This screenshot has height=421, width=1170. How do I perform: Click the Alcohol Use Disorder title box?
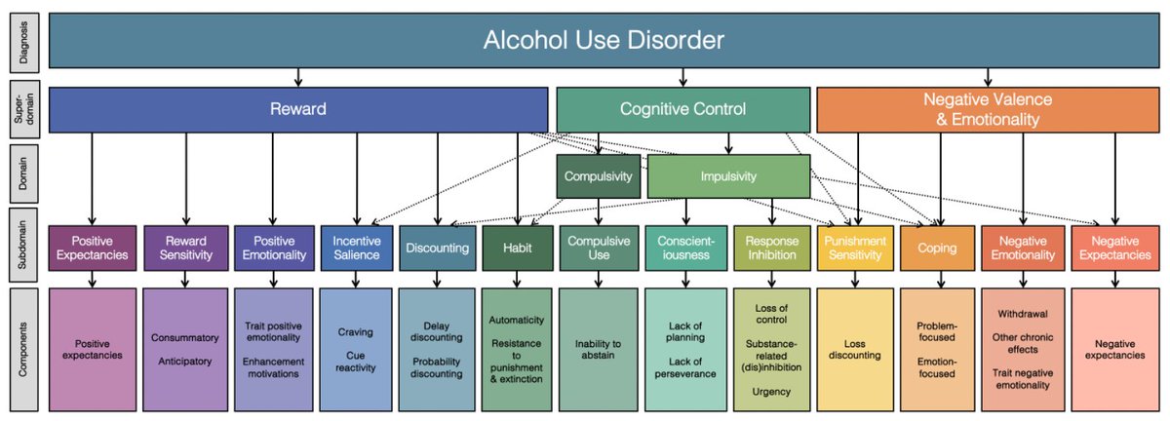pyautogui.click(x=604, y=41)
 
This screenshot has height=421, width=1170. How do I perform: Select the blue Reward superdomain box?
pyautogui.click(x=297, y=109)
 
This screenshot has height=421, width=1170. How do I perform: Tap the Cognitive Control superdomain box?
pyautogui.click(x=682, y=109)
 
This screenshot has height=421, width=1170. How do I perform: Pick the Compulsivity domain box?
pyautogui.click(x=599, y=176)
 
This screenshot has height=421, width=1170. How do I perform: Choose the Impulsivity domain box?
pyautogui.click(x=728, y=176)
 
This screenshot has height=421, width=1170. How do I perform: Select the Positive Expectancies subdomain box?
pyautogui.click(x=92, y=248)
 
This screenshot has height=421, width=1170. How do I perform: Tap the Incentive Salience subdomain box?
pyautogui.click(x=356, y=248)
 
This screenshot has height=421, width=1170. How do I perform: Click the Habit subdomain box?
pyautogui.click(x=518, y=248)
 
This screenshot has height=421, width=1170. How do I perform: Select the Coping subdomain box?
pyautogui.click(x=936, y=248)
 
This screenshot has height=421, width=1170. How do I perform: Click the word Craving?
pyautogui.click(x=356, y=332)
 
